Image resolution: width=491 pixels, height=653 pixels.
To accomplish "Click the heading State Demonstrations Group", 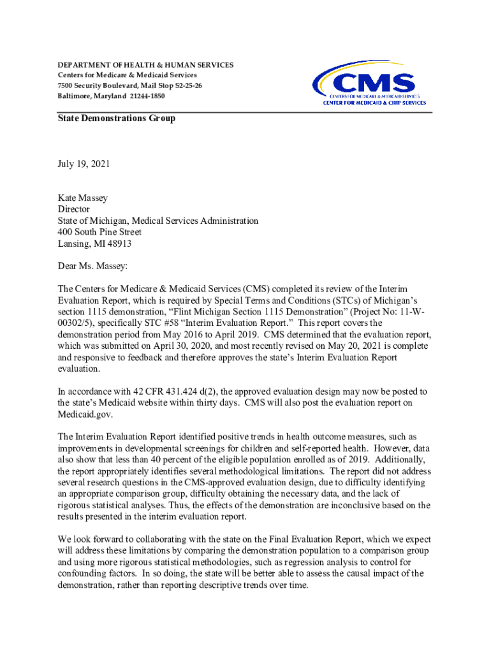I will (117, 119).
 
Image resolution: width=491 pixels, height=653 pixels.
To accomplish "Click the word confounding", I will (83, 575).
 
